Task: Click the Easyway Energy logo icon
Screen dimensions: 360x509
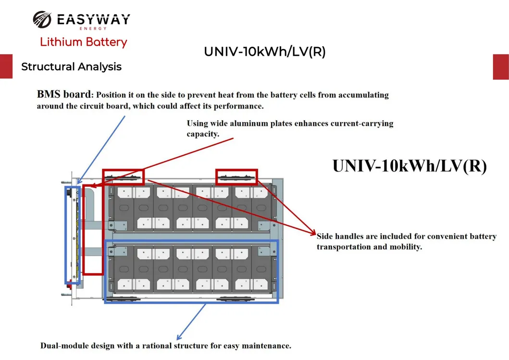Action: pyautogui.click(x=42, y=20)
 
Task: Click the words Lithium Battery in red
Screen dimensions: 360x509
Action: pyautogui.click(x=83, y=42)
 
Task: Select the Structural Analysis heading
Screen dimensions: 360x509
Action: pyautogui.click(x=71, y=67)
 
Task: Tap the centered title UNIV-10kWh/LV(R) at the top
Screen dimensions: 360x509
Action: pyautogui.click(x=264, y=52)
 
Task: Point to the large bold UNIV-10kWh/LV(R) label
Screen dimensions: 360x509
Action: pyautogui.click(x=410, y=165)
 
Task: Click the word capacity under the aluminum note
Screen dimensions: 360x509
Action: pyautogui.click(x=203, y=134)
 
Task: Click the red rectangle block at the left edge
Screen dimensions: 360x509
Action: pyautogui.click(x=6, y=66)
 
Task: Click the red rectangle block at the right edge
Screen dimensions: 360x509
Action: pyautogui.click(x=501, y=66)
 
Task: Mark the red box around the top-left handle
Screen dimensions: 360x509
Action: pyautogui.click(x=123, y=176)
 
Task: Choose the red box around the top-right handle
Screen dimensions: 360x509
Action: pyautogui.click(x=236, y=176)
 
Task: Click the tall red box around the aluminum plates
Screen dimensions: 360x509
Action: pyautogui.click(x=93, y=229)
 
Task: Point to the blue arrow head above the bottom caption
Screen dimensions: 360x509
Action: pyautogui.click(x=179, y=338)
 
